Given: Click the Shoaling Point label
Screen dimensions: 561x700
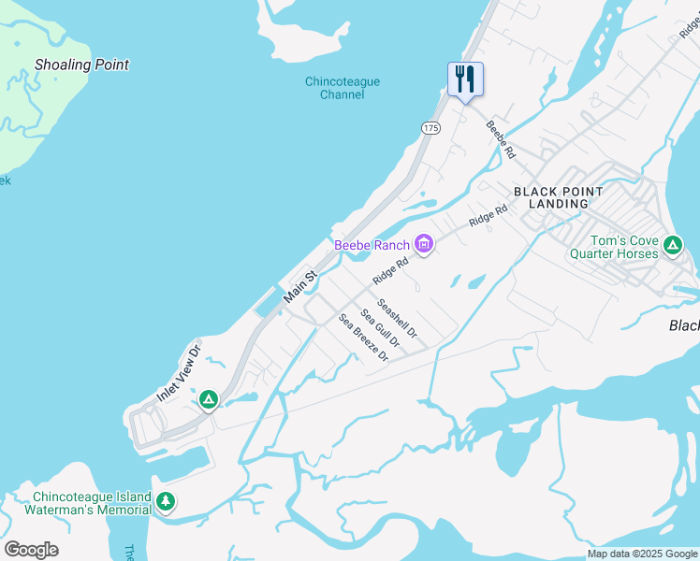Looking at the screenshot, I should (81, 65).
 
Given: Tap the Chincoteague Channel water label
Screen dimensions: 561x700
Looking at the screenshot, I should (343, 88).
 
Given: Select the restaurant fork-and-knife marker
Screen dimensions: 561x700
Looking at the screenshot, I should (465, 79).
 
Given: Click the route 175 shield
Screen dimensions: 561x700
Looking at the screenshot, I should (430, 127).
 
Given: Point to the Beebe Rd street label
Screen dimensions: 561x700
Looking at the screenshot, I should (501, 138).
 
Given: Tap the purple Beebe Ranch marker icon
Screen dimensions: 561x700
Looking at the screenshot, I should (423, 245).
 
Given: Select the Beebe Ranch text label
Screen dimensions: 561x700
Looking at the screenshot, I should (372, 246).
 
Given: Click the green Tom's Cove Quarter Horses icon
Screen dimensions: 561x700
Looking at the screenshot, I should (672, 246).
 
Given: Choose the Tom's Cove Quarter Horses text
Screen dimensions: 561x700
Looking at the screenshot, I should (613, 246).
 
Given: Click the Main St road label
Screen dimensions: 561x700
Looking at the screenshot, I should (301, 285).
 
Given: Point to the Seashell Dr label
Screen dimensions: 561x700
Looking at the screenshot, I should (397, 318).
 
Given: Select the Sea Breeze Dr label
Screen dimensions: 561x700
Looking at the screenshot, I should (364, 338).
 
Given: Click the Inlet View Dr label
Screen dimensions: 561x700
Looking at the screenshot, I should (179, 375).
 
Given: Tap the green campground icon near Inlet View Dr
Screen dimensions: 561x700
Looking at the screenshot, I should (209, 400).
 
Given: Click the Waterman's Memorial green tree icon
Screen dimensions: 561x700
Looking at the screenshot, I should (166, 502).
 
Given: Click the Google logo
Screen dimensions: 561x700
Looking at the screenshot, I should (31, 550).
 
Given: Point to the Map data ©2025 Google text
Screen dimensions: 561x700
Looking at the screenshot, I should (642, 554).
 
